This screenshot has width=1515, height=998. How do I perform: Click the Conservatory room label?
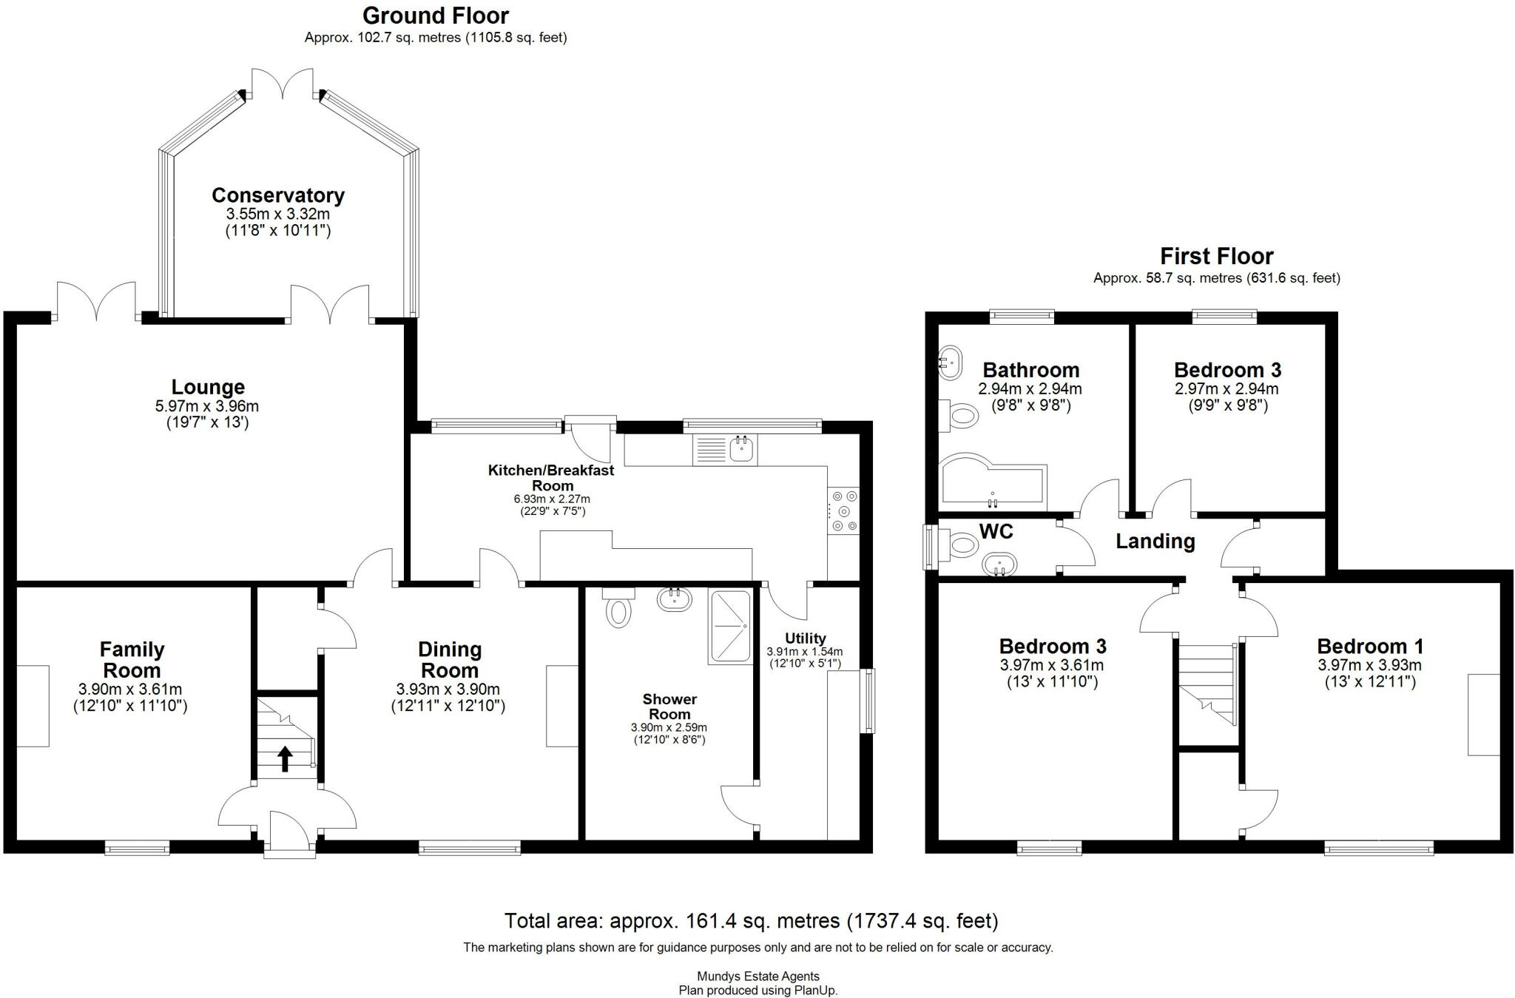[x=278, y=195]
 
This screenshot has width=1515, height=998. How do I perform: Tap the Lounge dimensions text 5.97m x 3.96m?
[x=207, y=406]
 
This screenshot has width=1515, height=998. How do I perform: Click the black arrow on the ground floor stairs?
[x=285, y=758]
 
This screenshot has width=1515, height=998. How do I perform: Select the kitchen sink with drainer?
[x=725, y=450]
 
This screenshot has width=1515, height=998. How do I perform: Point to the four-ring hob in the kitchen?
[x=843, y=510]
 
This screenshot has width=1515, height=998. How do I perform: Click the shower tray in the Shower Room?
[x=729, y=626]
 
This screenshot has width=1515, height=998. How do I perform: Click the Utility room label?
[x=805, y=638]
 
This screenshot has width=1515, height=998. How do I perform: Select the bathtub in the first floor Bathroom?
[x=991, y=485]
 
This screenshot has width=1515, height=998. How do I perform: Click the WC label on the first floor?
[x=996, y=531]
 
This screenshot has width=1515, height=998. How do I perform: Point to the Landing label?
[x=1155, y=542]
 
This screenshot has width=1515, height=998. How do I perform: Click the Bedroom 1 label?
[x=1370, y=646]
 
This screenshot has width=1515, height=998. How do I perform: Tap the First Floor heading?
[x=1216, y=257]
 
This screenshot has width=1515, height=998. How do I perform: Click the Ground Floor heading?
[x=436, y=16]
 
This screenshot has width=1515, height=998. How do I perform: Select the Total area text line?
[x=751, y=921]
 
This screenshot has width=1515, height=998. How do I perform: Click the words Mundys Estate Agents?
[x=757, y=977]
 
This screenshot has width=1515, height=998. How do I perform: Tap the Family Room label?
[x=132, y=660]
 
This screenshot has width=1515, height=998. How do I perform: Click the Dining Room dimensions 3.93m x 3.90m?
[x=448, y=689]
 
